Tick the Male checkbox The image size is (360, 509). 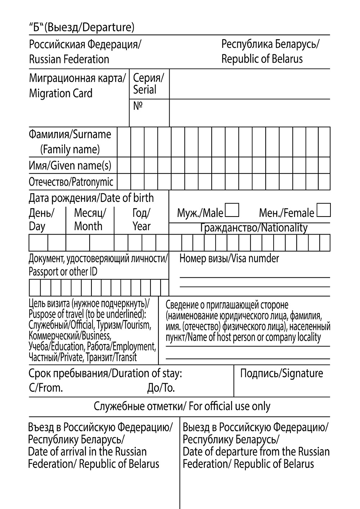pos(232,210)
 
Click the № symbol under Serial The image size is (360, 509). pos(138,106)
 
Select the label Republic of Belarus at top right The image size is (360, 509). pos(262,59)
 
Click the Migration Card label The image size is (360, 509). pos(60,94)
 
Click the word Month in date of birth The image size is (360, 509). pos(88,226)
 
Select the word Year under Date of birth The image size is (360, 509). pos(141,226)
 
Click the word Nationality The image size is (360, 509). pos(284,228)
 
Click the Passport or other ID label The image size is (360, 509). pos(63,272)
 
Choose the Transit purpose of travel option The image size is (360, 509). pos(124,357)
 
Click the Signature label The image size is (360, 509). pos(302,373)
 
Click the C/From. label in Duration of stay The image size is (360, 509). pos(46,388)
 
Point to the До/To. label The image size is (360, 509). pos(161,388)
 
